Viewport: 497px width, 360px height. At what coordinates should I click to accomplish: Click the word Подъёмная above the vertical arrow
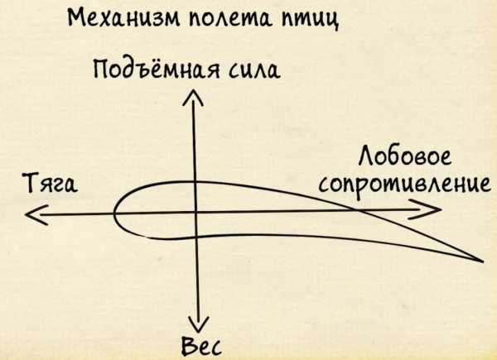pyautogui.click(x=147, y=70)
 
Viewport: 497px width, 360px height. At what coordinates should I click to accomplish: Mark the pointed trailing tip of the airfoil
pyautogui.click(x=481, y=261)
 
